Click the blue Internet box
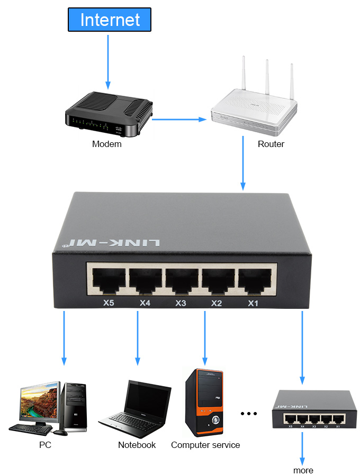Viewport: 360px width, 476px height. (110, 20)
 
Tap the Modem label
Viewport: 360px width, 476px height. (106, 144)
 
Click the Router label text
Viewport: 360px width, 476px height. (271, 144)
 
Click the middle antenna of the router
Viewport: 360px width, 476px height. (267, 79)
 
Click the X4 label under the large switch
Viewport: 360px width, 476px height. (145, 303)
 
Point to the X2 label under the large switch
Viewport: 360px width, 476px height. (216, 303)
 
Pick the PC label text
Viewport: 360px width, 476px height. (45, 445)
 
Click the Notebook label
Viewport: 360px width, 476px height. (137, 445)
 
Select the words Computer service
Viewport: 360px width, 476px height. (205, 445)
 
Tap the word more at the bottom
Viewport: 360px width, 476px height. (303, 470)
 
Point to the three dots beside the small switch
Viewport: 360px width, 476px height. (248, 413)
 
